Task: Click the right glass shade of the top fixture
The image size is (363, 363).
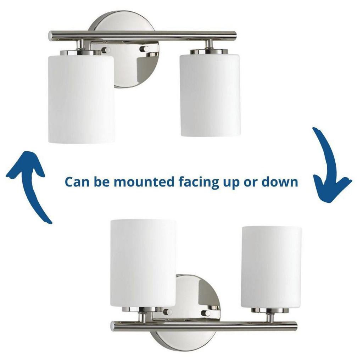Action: click(210, 95)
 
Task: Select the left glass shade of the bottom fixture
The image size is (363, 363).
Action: click(143, 263)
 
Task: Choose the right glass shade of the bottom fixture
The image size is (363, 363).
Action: click(271, 267)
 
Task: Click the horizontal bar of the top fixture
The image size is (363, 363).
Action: click(142, 35)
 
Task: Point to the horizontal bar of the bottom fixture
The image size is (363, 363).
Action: click(203, 325)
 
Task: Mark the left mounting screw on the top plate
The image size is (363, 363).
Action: click(105, 50)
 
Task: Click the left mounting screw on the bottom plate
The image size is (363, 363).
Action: click(167, 312)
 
